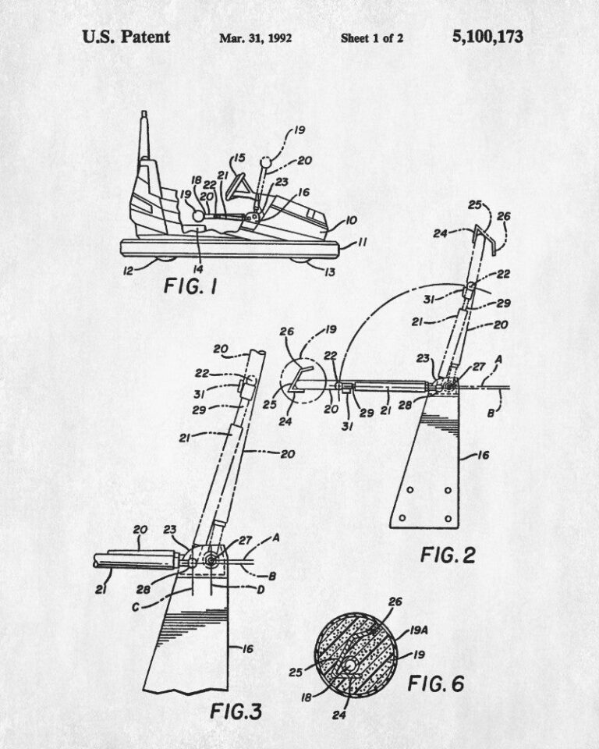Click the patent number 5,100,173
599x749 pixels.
pos(487,37)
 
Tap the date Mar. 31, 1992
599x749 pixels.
pos(256,38)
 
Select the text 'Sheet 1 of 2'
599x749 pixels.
pos(372,38)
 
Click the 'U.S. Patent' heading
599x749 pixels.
pos(126,37)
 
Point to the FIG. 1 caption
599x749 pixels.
pos(190,286)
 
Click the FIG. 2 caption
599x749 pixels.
pos(448,555)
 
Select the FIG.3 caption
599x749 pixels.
pos(236,712)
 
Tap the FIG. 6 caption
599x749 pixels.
pos(436,683)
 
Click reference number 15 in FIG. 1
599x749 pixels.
pos(239,158)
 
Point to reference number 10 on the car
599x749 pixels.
pos(351,220)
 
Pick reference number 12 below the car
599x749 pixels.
pos(128,271)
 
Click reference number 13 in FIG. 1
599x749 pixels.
pos(330,272)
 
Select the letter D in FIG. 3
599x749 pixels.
pos(261,590)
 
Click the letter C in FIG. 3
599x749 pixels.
pos(136,608)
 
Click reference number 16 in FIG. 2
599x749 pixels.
pos(484,455)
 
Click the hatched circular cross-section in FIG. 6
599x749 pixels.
pos(356,656)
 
